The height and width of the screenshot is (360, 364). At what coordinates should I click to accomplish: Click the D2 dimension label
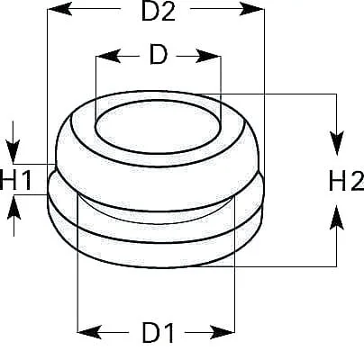click(159, 12)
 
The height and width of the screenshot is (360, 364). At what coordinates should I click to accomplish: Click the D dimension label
click(159, 55)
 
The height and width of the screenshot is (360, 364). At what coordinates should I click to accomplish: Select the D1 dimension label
click(158, 333)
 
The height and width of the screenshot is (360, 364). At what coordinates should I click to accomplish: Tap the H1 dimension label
click(15, 180)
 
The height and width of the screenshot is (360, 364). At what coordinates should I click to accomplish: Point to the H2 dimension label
click(347, 181)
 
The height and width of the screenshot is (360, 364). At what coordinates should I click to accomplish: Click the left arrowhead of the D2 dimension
click(59, 9)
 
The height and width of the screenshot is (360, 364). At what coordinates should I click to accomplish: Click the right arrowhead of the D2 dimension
click(252, 9)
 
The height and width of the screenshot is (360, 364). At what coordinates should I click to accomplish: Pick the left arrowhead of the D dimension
click(108, 56)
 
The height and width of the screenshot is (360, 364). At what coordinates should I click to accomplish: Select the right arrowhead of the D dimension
click(208, 56)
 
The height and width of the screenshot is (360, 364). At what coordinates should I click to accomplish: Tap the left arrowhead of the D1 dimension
click(89, 332)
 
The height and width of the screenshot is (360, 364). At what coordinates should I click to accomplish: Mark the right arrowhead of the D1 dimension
click(222, 332)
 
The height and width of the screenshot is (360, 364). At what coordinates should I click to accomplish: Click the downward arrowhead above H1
click(13, 151)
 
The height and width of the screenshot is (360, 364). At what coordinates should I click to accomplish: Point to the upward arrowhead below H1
click(14, 207)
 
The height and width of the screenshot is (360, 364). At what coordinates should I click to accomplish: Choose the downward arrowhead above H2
click(337, 143)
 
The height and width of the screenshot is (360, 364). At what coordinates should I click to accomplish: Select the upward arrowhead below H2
click(337, 217)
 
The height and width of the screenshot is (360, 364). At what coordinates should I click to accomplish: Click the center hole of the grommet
click(158, 127)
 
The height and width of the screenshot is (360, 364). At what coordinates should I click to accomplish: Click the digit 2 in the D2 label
click(168, 12)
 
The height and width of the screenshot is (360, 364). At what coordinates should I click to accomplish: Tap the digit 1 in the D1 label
click(168, 333)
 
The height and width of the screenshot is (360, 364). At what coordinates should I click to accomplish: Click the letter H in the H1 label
click(8, 180)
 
